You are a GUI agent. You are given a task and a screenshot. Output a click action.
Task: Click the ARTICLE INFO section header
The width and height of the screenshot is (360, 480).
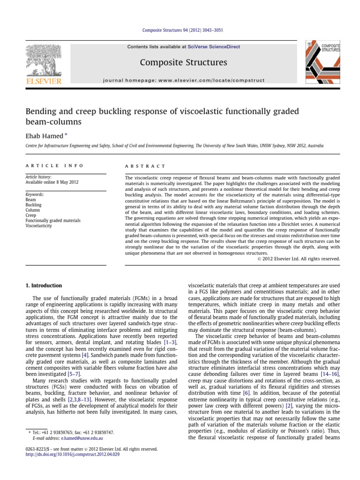(54, 166)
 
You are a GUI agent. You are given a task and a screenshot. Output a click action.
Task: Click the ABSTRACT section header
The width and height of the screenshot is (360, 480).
(145, 166)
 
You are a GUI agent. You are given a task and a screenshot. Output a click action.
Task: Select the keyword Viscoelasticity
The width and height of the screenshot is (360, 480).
(41, 225)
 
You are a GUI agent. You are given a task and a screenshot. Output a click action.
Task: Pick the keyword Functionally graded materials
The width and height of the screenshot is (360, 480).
(53, 220)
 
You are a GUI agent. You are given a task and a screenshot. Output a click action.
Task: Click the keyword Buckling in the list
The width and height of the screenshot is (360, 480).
(33, 205)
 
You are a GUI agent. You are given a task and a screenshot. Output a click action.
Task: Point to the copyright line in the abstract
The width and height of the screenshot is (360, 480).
(299, 258)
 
